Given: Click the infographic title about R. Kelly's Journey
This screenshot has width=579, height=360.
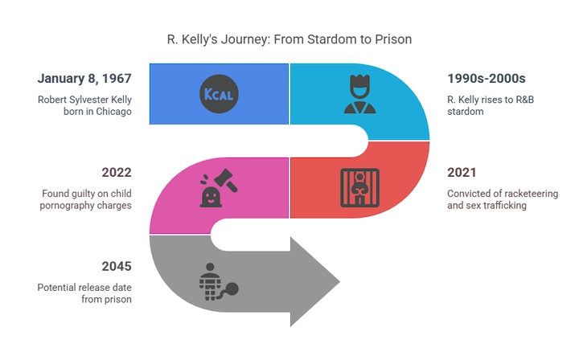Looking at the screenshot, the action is point(289,39).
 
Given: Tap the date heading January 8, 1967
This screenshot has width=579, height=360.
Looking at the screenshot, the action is point(84,78).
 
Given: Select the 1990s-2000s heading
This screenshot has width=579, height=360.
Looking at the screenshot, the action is point(487,78).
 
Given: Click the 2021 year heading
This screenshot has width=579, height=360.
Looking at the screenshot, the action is point(462,172).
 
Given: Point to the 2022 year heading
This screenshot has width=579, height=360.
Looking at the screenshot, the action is point(117,172).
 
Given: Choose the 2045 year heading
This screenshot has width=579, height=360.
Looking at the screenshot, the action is point(117,266).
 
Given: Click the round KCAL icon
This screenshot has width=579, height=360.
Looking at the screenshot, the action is point(219,94).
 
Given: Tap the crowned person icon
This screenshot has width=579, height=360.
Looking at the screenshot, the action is point(359,94).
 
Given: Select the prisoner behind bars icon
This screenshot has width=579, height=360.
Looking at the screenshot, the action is point(359,188).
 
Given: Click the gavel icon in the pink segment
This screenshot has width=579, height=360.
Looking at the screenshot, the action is point(219,188).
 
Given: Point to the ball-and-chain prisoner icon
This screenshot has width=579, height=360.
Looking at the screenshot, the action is point(219,282).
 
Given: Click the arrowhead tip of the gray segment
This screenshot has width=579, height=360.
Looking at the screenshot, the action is point(339,282).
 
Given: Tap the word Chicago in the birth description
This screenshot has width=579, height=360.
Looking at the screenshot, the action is point(113,112).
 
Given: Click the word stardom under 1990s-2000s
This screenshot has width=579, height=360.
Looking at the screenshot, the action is point(466,112).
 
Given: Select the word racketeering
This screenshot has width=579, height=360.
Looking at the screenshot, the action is point(531,194).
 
